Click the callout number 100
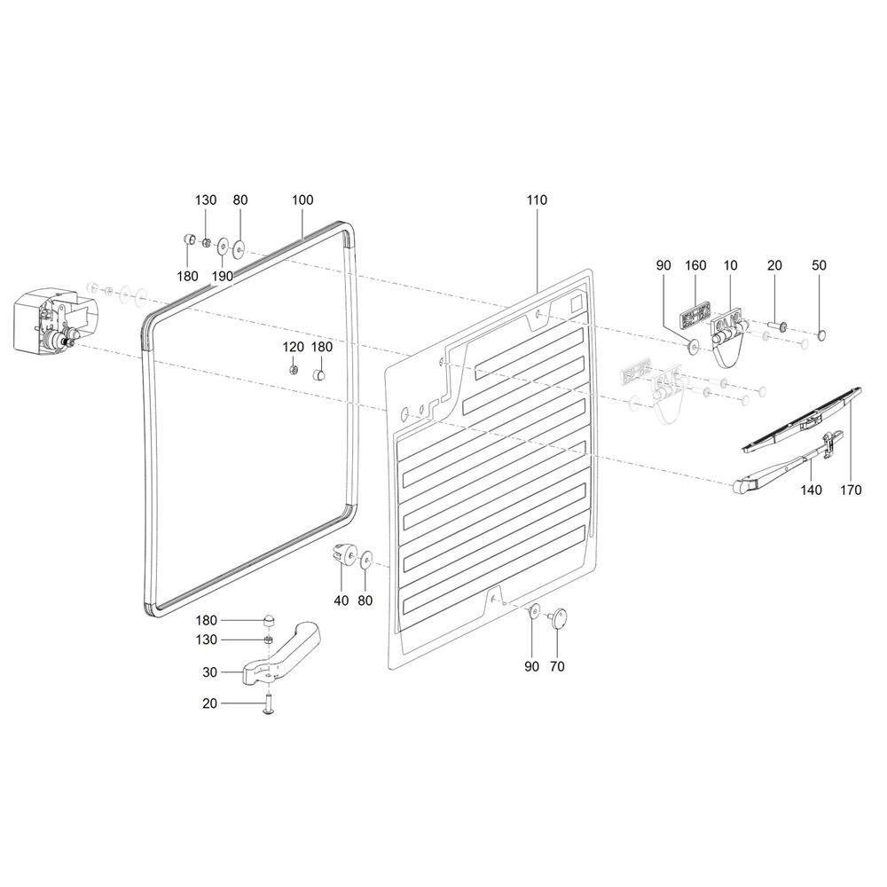click(x=302, y=200)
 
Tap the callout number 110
click(x=537, y=200)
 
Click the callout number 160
click(x=695, y=265)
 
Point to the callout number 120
click(x=294, y=347)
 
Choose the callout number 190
click(x=222, y=276)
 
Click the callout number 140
click(x=812, y=489)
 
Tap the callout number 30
click(x=209, y=672)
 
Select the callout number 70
click(x=557, y=666)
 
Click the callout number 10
click(x=730, y=265)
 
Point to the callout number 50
click(x=819, y=265)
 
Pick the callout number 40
click(x=341, y=600)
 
